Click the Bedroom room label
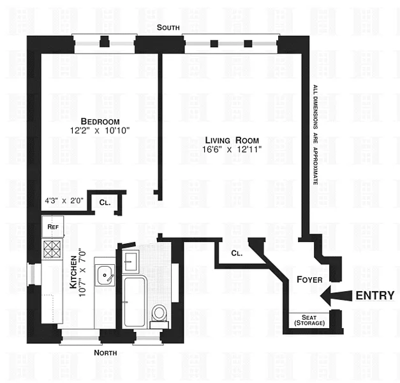pyautogui.click(x=100, y=121)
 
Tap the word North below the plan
pyautogui.click(x=106, y=352)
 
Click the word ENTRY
pyautogui.click(x=373, y=296)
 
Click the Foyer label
pyautogui.click(x=309, y=279)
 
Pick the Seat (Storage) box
pyautogui.click(x=309, y=320)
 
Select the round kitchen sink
pyautogui.click(x=105, y=277)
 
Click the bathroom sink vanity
pyautogui.click(x=132, y=260)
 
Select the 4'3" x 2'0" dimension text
pyautogui.click(x=64, y=200)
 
